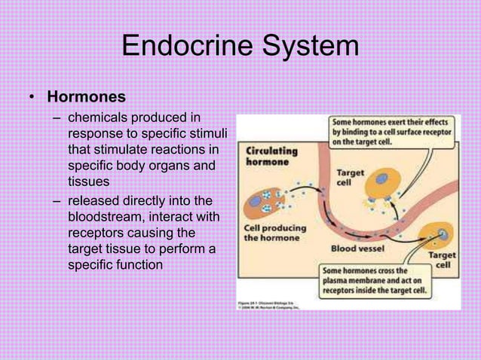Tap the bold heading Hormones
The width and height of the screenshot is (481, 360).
click(86, 97)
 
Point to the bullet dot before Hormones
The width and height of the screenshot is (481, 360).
click(32, 98)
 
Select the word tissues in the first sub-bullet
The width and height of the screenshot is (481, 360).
click(88, 182)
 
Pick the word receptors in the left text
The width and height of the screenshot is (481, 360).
click(100, 233)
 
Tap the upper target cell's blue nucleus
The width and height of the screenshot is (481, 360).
click(381, 180)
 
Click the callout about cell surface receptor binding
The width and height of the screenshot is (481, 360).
click(391, 130)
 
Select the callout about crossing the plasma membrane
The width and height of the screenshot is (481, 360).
click(374, 279)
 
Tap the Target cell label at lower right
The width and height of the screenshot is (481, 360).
click(441, 261)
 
